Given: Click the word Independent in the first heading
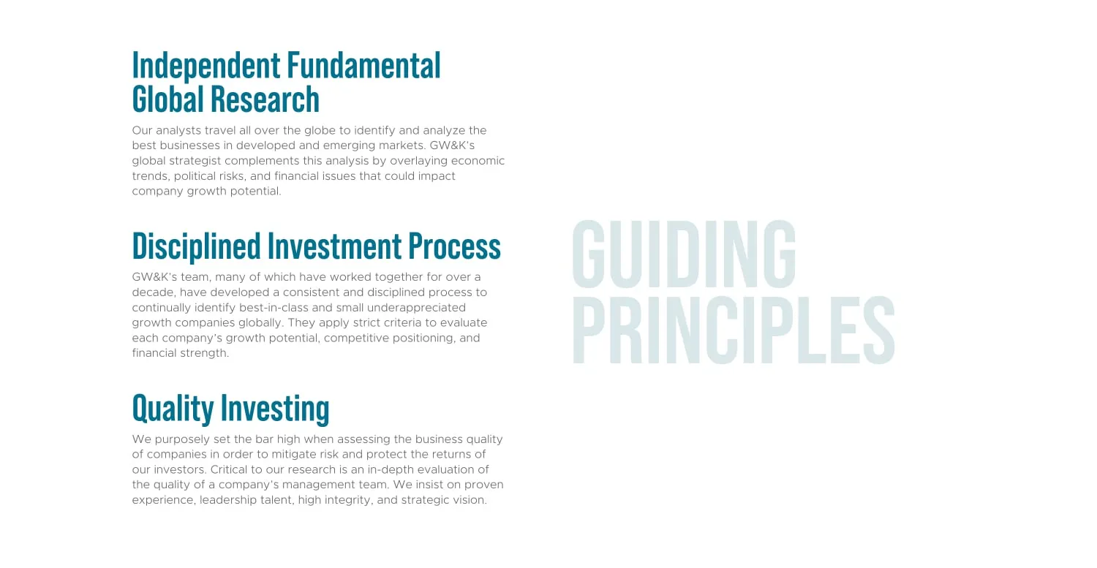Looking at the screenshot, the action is [206, 66].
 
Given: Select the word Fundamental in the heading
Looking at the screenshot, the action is [364, 65].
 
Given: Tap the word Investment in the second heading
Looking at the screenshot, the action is [334, 246].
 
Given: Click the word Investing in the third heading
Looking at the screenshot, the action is [275, 409].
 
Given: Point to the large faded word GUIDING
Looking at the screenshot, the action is [684, 254].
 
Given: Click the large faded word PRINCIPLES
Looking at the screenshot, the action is [734, 330].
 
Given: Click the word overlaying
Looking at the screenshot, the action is [419, 161].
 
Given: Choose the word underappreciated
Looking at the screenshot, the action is [416, 308].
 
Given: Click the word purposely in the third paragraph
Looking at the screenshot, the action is [182, 439].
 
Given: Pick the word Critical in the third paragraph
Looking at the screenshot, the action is [229, 469].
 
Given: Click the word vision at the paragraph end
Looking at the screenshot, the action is [471, 500].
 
